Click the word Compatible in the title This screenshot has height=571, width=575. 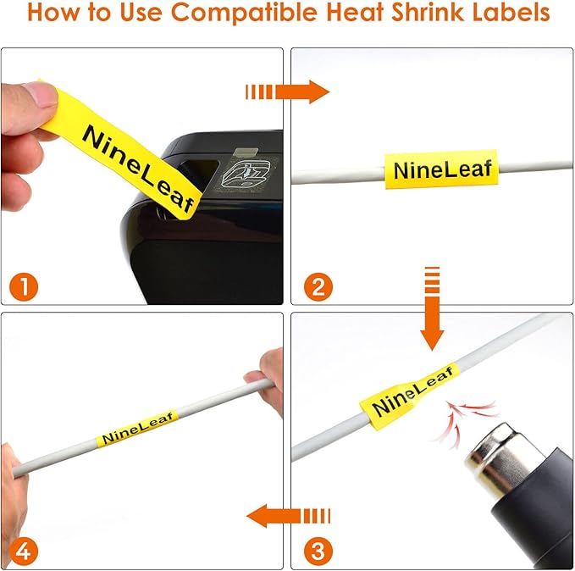pyautogui.click(x=246, y=14)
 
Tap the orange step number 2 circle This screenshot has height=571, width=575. pyautogui.click(x=316, y=285)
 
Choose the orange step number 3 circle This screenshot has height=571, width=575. pyautogui.click(x=316, y=551)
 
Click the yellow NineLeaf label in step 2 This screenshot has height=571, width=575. pyautogui.click(x=440, y=170)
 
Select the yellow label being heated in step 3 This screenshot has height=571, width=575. pyautogui.click(x=408, y=392)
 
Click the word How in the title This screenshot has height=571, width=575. pyautogui.click(x=54, y=14)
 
